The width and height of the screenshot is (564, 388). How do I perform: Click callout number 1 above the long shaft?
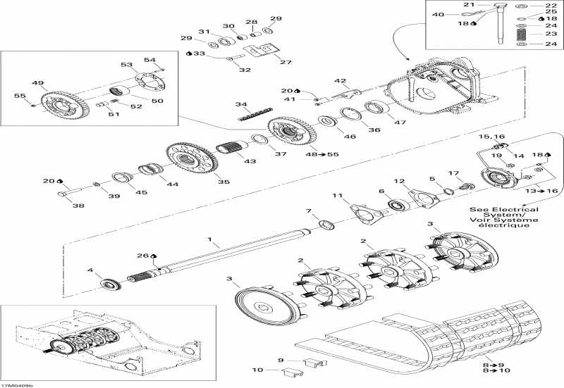(209, 241)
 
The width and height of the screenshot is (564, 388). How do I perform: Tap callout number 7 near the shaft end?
(307, 212)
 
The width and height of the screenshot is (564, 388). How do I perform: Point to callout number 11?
(338, 195)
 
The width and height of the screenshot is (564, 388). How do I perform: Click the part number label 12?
(399, 181)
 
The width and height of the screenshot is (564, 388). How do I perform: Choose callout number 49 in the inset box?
(37, 82)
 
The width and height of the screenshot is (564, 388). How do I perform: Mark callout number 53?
(127, 65)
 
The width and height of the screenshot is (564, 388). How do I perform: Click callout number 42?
(340, 81)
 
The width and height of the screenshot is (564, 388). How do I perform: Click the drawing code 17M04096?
(17, 384)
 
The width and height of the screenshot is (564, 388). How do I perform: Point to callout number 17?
(454, 173)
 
